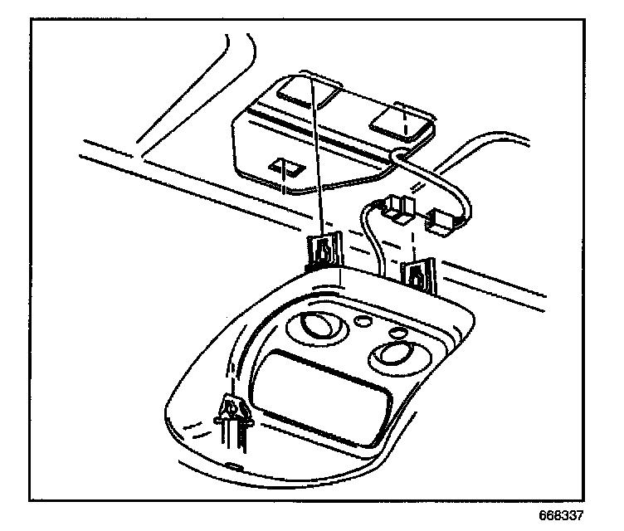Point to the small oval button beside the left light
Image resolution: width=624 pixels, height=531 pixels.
tap(363, 319)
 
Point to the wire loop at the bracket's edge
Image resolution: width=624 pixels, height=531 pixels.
tap(401, 154)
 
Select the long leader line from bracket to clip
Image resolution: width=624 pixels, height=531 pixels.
tap(317, 158)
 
